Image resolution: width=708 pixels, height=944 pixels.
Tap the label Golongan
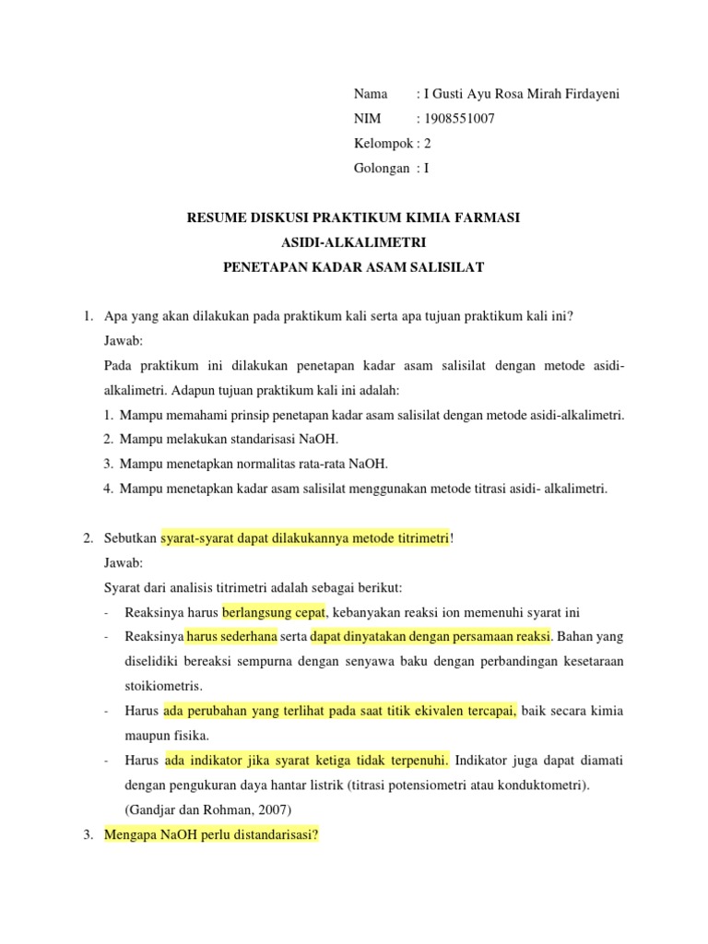click(x=382, y=169)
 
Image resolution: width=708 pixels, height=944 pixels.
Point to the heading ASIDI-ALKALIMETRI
click(x=353, y=243)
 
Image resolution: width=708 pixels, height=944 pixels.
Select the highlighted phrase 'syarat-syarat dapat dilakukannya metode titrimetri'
click(x=304, y=538)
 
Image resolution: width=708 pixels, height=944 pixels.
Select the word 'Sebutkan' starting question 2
click(x=130, y=538)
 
